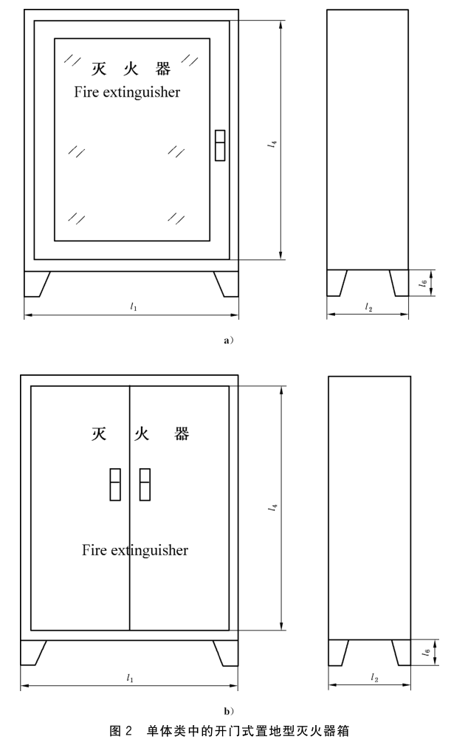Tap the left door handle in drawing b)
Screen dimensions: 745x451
coord(115,484)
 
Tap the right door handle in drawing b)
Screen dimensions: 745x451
coord(145,484)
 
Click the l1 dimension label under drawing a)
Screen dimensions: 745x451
coord(133,306)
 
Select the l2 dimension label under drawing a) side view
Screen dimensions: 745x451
coord(368,306)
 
